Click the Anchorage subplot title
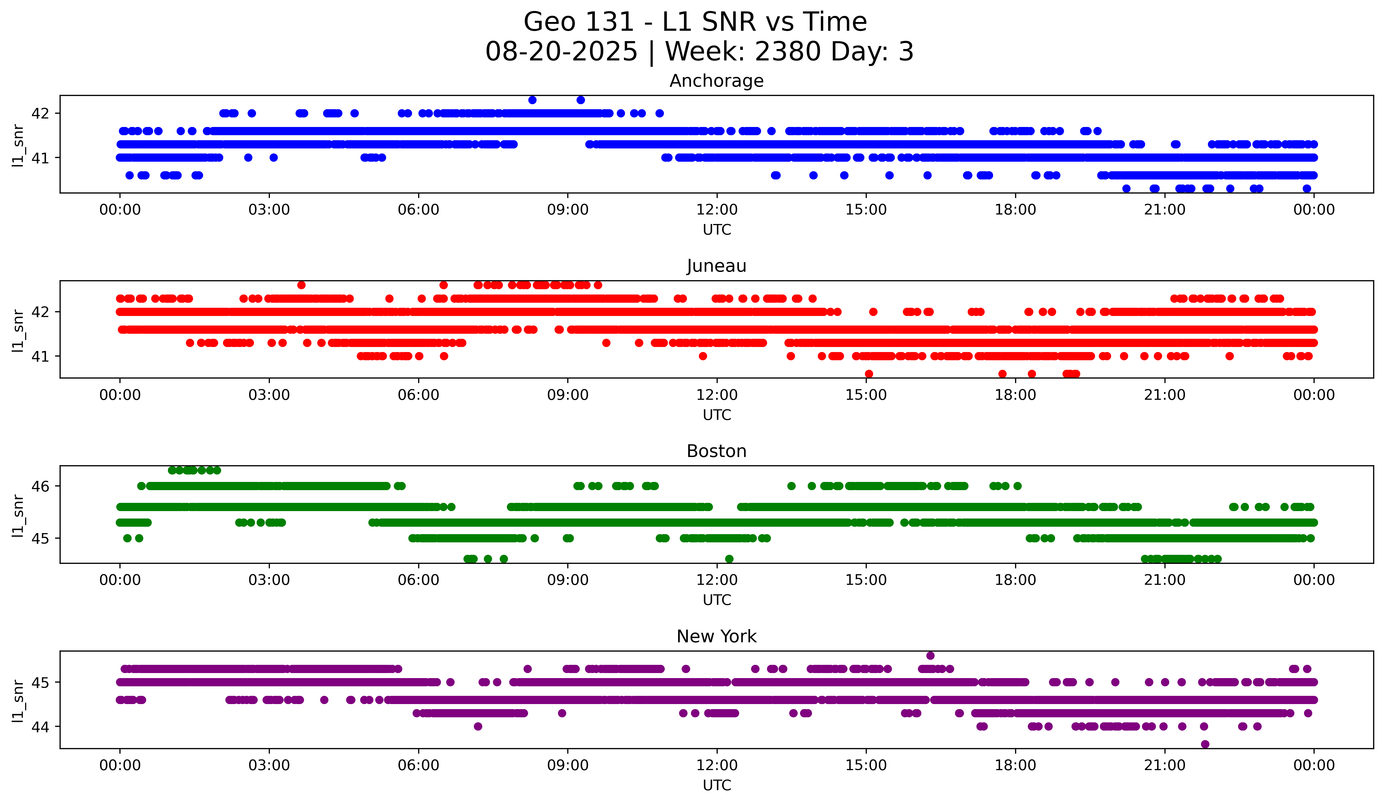[x=716, y=81]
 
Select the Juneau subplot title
[x=716, y=266]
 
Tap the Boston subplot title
[x=716, y=451]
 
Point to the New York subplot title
[x=716, y=636]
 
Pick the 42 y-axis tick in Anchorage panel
[x=40, y=113]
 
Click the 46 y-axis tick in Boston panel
[x=40, y=486]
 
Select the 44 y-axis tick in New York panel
[x=40, y=727]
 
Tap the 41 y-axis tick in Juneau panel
[x=40, y=356]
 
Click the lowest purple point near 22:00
[x=1205, y=744]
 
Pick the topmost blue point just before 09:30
[x=581, y=100]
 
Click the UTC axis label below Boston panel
[x=716, y=600]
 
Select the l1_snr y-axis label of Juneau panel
[x=18, y=330]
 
